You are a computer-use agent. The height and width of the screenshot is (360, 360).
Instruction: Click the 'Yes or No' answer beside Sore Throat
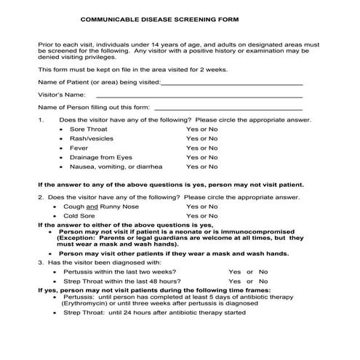201,129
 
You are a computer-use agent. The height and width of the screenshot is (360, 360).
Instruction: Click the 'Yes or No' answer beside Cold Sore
201,216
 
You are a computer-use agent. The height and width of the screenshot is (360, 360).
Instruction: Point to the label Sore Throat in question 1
87,129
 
